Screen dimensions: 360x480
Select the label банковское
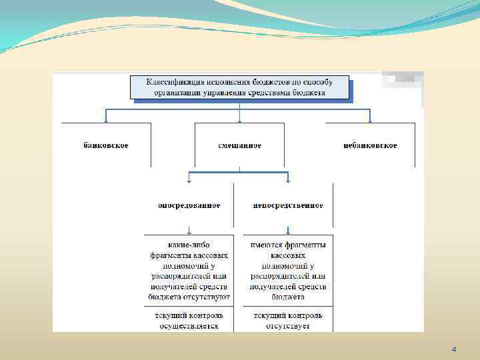[107, 145]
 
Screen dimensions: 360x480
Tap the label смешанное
[239, 145]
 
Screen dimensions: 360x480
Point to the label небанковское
[371, 145]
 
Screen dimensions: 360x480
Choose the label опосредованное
[189, 205]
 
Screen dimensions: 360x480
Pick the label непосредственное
[288, 205]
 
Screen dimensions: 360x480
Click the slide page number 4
[453, 349]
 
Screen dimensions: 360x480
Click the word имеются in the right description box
[266, 244]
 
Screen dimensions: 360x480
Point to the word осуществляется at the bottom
[189, 326]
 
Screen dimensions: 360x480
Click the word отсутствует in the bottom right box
[288, 326]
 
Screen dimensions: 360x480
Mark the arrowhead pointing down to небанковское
[371, 121]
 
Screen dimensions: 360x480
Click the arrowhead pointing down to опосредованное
[190, 180]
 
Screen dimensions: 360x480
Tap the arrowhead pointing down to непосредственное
[288, 180]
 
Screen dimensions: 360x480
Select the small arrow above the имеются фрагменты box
[288, 231]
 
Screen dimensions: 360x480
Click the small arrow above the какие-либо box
[189, 231]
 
